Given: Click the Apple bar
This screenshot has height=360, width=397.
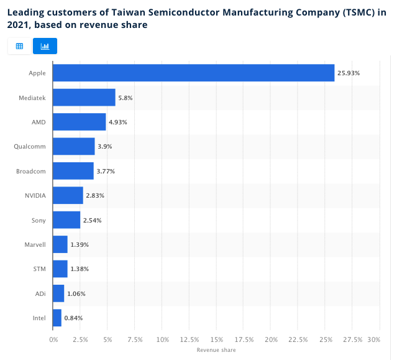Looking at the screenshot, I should [x=193, y=73].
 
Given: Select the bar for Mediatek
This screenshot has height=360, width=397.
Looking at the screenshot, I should [x=84, y=98].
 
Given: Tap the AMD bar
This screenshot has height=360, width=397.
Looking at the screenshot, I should [x=79, y=122].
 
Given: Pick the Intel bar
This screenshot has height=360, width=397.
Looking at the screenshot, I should [x=57, y=318].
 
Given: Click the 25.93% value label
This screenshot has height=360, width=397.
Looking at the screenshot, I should [x=349, y=73].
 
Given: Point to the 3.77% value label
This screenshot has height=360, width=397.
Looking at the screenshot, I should [x=106, y=171].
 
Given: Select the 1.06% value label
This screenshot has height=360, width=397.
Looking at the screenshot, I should [x=76, y=293].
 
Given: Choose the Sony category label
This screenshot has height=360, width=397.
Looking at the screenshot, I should [x=39, y=220].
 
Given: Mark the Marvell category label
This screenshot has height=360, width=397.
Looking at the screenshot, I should [x=35, y=244].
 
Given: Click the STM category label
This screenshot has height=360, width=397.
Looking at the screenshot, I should [x=39, y=269].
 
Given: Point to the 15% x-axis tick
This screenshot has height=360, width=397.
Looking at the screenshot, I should [x=217, y=339].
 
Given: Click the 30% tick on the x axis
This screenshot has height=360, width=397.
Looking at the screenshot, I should [x=373, y=339].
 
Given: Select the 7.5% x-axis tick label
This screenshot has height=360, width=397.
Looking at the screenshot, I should [x=135, y=339].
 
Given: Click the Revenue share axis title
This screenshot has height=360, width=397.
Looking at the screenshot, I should [x=216, y=350].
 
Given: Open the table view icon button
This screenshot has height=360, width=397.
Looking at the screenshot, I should [x=19, y=46].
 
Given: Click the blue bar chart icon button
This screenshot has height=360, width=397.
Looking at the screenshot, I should [x=45, y=46].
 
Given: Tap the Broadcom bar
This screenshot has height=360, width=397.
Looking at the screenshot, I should [x=73, y=171].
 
